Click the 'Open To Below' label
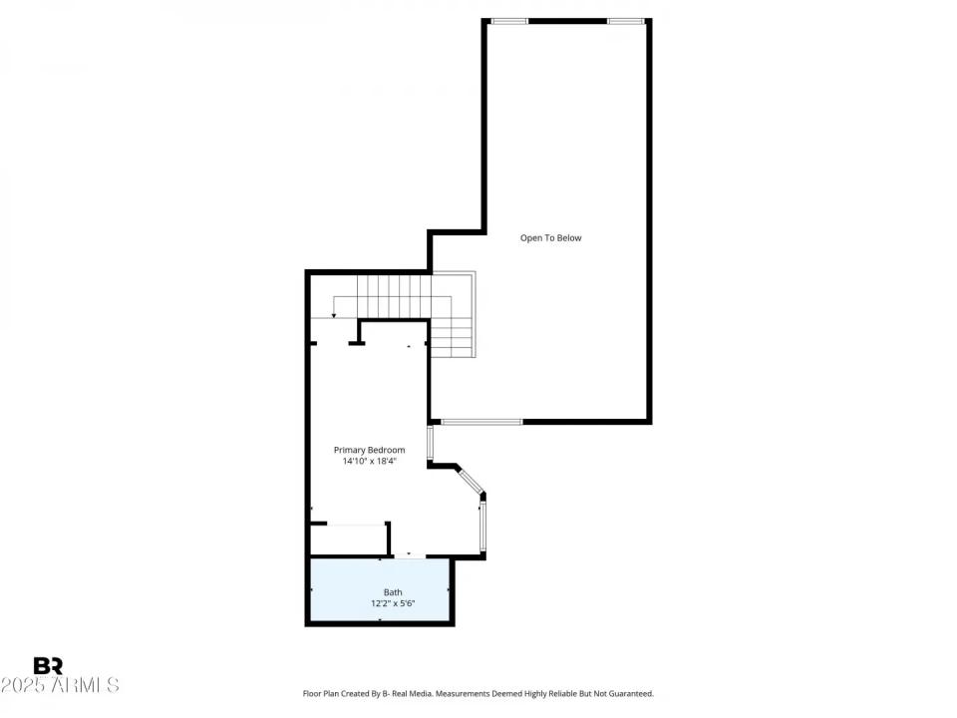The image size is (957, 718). pyautogui.click(x=550, y=238)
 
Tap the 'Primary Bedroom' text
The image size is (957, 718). pyautogui.click(x=369, y=450)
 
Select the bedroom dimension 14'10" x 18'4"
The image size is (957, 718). pyautogui.click(x=369, y=462)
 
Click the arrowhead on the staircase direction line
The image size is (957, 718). pyautogui.click(x=334, y=315)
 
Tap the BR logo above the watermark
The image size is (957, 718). pyautogui.click(x=48, y=666)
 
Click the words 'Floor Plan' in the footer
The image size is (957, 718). pyautogui.click(x=322, y=693)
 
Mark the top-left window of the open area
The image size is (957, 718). pyautogui.click(x=509, y=21)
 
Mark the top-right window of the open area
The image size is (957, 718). pyautogui.click(x=625, y=21)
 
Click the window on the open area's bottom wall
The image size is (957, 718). pyautogui.click(x=481, y=422)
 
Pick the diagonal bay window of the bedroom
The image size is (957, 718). pyautogui.click(x=470, y=480)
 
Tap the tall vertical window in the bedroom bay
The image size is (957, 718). pyautogui.click(x=482, y=527)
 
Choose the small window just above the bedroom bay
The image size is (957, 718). pyautogui.click(x=431, y=441)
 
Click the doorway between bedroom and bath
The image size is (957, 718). pyautogui.click(x=409, y=556)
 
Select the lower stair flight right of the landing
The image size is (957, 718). pyautogui.click(x=454, y=339)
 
